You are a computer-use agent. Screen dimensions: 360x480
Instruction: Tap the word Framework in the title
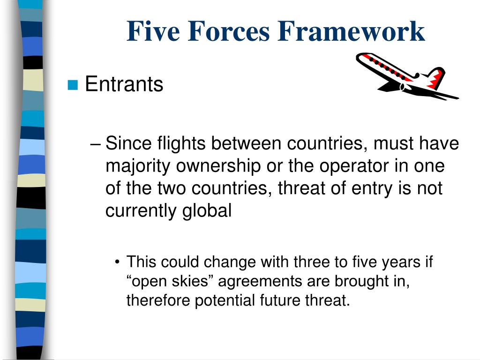[351, 31]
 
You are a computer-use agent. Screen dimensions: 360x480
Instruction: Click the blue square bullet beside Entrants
[72, 85]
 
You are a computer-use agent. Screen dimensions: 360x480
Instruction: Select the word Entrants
[124, 84]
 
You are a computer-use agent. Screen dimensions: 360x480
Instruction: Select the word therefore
[157, 300]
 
